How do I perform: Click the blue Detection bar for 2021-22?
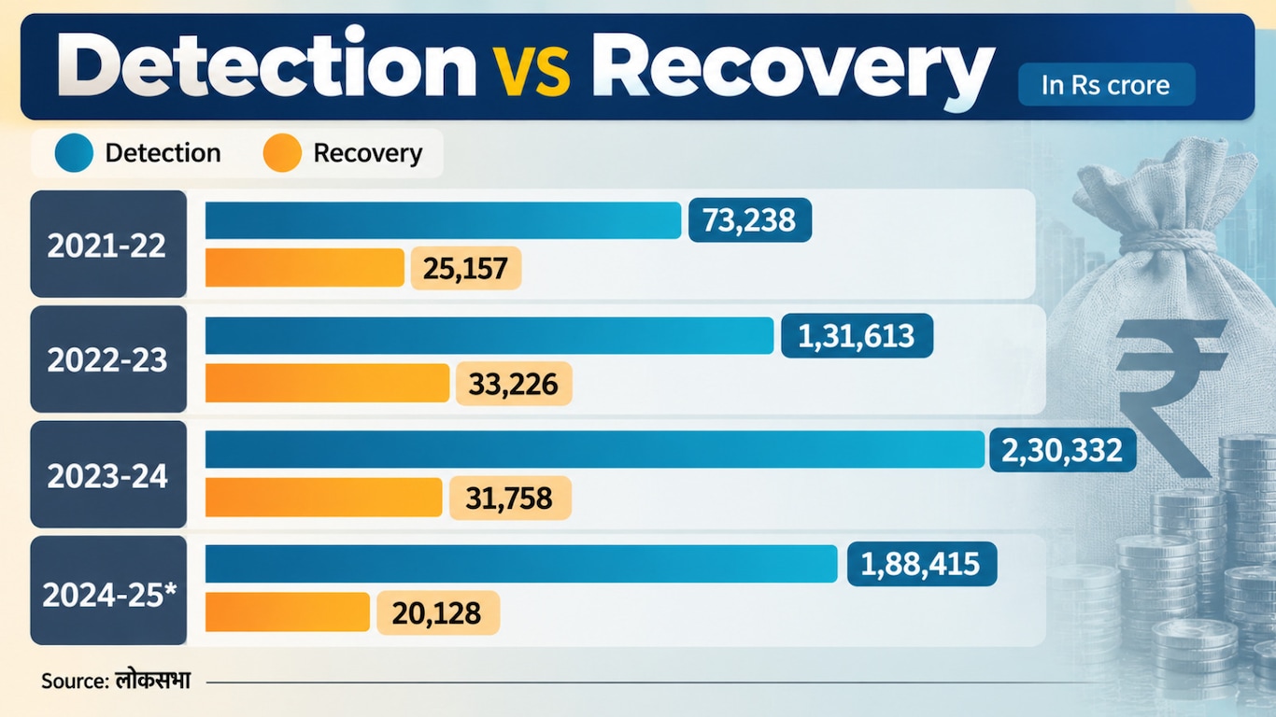(443, 220)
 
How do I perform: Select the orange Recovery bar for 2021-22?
(305, 268)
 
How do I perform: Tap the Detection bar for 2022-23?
(489, 335)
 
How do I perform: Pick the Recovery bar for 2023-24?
(323, 498)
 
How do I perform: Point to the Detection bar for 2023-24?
(595, 449)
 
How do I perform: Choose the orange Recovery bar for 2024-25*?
(287, 612)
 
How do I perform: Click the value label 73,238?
(750, 219)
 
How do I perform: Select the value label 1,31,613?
(857, 335)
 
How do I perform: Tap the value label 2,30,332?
(1062, 450)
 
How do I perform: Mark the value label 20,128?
(438, 612)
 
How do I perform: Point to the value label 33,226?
(514, 384)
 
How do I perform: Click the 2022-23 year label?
(108, 359)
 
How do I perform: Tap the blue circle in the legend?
(74, 152)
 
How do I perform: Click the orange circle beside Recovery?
(282, 152)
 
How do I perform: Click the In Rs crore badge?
(1106, 84)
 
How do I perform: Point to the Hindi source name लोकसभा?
(152, 680)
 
